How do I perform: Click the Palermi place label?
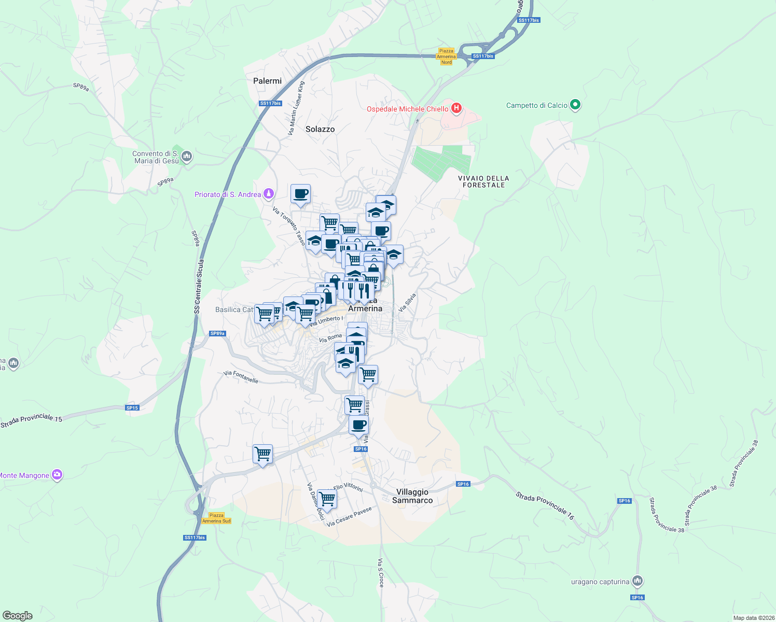pyautogui.click(x=267, y=81)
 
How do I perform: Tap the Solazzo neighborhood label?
pyautogui.click(x=320, y=129)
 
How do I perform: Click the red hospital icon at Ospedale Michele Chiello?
pyautogui.click(x=456, y=108)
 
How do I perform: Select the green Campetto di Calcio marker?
pyautogui.click(x=575, y=105)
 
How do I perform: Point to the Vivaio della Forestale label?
pyautogui.click(x=483, y=181)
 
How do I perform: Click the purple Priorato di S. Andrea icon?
pyautogui.click(x=269, y=194)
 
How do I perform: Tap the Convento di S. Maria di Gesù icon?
pyautogui.click(x=187, y=156)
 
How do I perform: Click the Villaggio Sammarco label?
pyautogui.click(x=412, y=496)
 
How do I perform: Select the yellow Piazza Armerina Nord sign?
pyautogui.click(x=446, y=56)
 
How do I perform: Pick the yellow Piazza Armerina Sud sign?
pyautogui.click(x=216, y=518)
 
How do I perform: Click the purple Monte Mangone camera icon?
pyautogui.click(x=57, y=475)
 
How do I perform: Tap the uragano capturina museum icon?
pyautogui.click(x=638, y=581)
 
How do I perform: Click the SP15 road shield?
pyautogui.click(x=132, y=408)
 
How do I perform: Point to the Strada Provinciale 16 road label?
pyautogui.click(x=545, y=506)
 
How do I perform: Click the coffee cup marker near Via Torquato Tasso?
pyautogui.click(x=300, y=194)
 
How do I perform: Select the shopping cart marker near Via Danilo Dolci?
pyautogui.click(x=327, y=499)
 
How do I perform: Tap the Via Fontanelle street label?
pyautogui.click(x=241, y=377)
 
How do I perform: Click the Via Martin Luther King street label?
pyautogui.click(x=297, y=108)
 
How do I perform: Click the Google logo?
pyautogui.click(x=17, y=616)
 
